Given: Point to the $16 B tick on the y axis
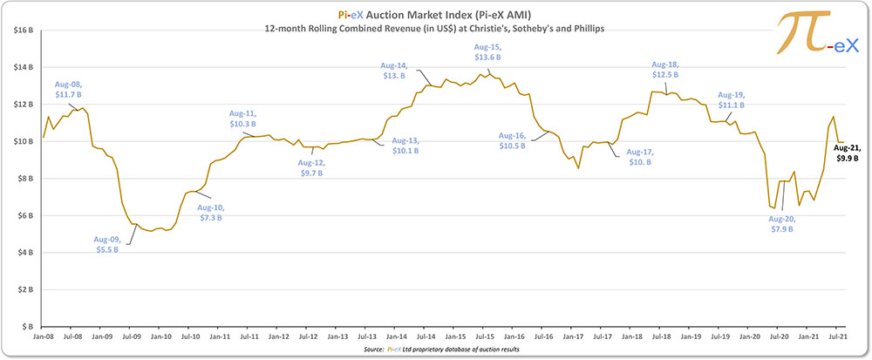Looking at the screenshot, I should (x=21, y=31).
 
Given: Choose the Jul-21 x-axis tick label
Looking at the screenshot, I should (x=838, y=335).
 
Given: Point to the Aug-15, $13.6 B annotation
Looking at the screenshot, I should (x=488, y=51).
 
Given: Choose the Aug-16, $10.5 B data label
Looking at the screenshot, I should (x=512, y=140).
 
